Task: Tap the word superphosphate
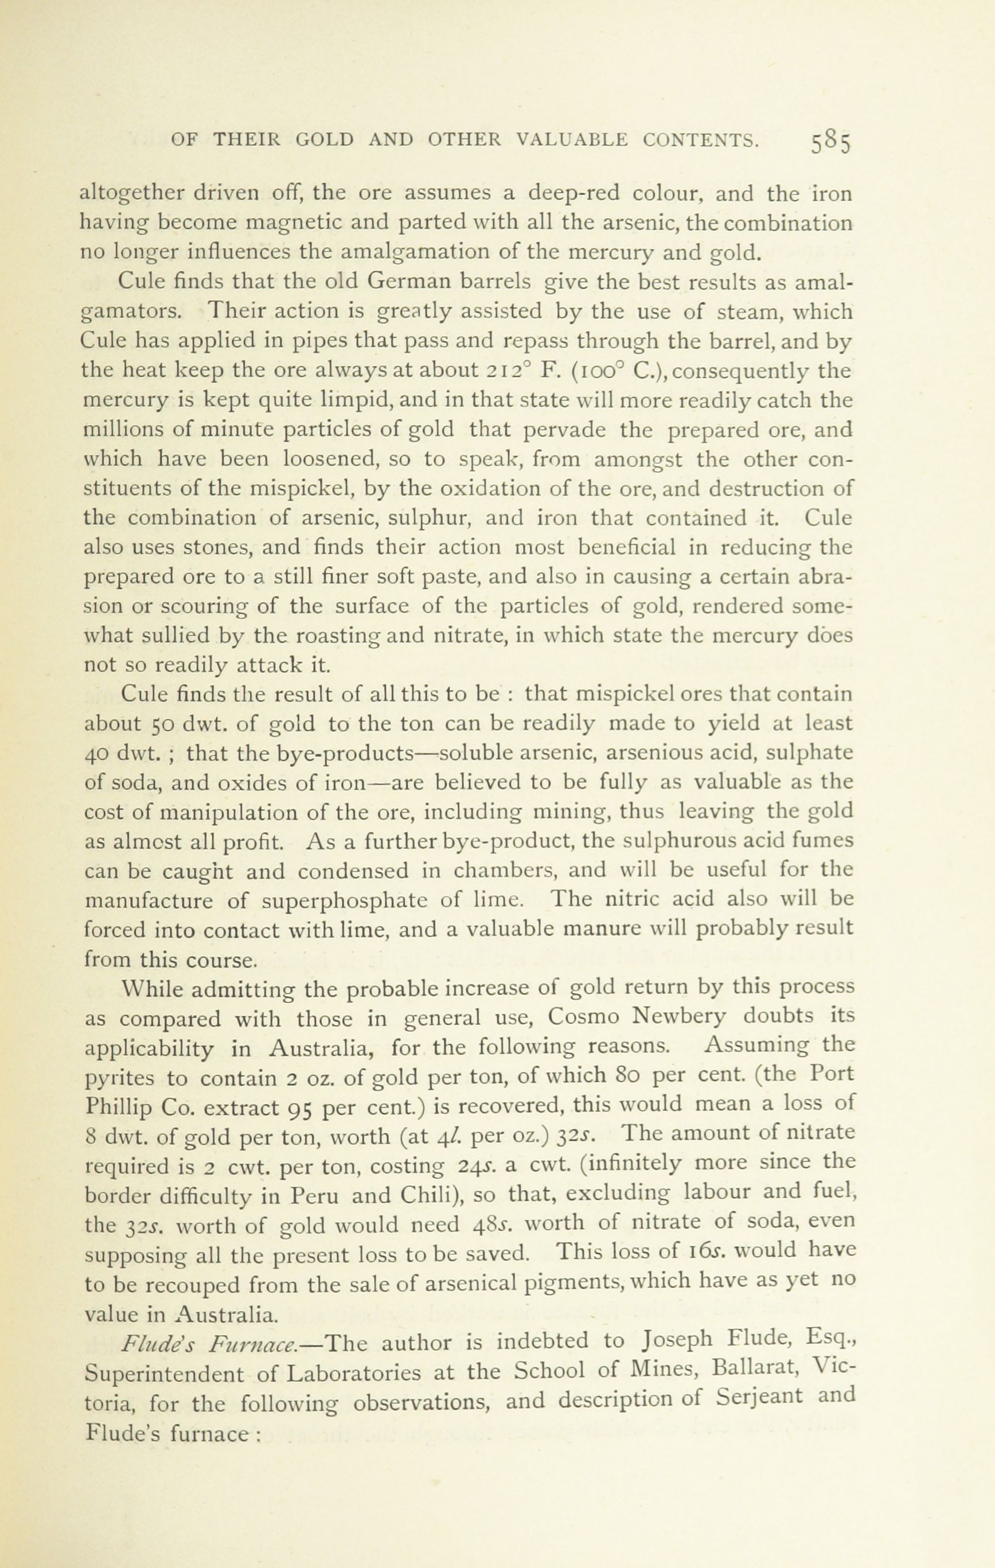click(345, 900)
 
